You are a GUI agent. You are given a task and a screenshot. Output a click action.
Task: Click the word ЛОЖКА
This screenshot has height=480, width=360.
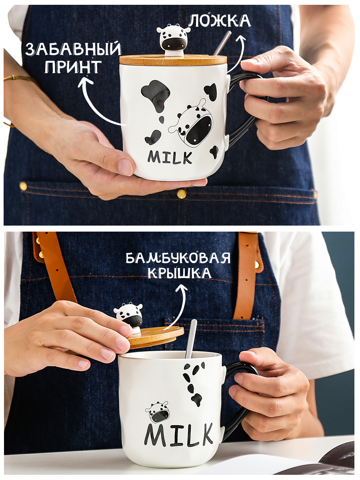pos(220,21)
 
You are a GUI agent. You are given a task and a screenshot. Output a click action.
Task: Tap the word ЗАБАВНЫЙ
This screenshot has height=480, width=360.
pos(73,49)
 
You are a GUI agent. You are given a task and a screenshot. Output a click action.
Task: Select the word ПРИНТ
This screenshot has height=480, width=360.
pos(73,67)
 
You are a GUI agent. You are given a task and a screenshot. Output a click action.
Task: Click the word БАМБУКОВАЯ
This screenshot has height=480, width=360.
pos(178,258)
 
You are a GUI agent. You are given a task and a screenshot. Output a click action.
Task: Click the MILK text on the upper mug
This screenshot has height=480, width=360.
pos(170,157)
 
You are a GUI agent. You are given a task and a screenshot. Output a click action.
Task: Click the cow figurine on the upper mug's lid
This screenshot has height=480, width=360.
pos(173,40)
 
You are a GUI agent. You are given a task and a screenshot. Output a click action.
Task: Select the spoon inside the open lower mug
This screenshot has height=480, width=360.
pos(191,339)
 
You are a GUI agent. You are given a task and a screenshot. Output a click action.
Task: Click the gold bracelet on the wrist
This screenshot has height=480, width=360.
pos(18,78)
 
